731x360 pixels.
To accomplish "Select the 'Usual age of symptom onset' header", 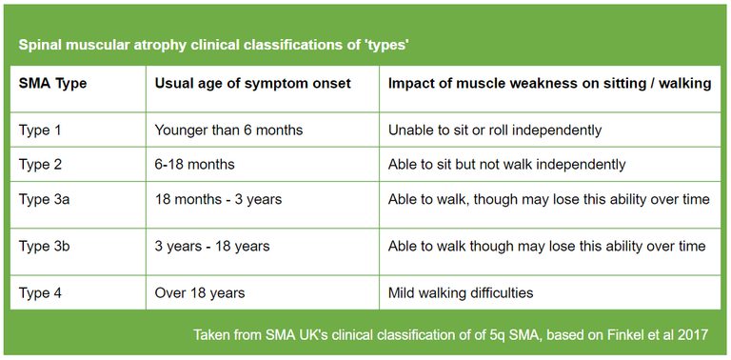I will [252, 84].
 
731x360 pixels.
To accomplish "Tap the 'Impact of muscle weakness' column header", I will [549, 84].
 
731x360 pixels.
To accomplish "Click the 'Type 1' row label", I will [40, 130].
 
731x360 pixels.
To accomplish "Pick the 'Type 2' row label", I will [40, 164].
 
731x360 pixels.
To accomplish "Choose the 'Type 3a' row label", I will [44, 199].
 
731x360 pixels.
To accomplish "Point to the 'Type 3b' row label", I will [44, 246].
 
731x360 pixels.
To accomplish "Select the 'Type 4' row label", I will [40, 292].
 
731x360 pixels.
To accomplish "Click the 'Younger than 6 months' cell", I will [228, 130].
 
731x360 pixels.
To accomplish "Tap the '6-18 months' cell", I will [194, 164].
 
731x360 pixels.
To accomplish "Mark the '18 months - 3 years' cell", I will [218, 199].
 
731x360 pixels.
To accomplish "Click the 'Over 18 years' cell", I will [200, 292].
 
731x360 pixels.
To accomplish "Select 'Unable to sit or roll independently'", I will [495, 130].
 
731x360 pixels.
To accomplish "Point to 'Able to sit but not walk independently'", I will [506, 164].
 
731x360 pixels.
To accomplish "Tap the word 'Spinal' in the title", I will [42, 46].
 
